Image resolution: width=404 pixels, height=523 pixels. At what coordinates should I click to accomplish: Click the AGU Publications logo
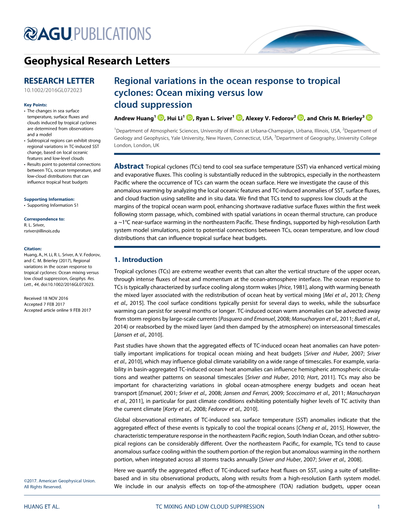click(x=87, y=34)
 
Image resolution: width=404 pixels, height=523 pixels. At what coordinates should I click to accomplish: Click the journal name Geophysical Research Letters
click(x=97, y=61)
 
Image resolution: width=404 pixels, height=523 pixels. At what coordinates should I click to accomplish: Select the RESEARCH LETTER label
click(x=59, y=81)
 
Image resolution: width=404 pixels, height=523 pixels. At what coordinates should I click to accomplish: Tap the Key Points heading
click(x=36, y=105)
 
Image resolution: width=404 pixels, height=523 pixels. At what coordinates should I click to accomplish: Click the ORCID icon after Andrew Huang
click(x=160, y=118)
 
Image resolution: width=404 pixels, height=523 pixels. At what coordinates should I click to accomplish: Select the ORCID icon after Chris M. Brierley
click(x=369, y=118)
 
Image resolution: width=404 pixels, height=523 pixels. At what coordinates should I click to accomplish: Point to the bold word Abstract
click(x=129, y=166)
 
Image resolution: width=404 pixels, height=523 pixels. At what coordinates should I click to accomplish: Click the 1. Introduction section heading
click(x=138, y=259)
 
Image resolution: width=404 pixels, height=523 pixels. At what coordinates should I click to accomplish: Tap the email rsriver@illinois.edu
click(x=42, y=231)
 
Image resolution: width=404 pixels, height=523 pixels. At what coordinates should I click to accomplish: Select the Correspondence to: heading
click(x=44, y=219)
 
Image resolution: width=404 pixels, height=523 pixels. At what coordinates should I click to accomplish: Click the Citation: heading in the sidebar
click(x=33, y=249)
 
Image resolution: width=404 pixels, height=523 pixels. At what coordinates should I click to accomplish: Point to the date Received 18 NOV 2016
click(x=46, y=298)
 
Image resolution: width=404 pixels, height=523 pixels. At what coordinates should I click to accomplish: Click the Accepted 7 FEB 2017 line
click(x=45, y=304)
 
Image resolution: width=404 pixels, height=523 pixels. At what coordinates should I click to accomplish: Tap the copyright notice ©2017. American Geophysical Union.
click(x=60, y=481)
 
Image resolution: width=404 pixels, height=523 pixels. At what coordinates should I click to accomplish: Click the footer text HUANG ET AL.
click(x=42, y=506)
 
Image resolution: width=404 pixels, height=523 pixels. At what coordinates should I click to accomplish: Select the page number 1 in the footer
click(x=378, y=506)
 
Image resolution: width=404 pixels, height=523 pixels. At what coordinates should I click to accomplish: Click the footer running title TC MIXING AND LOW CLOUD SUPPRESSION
click(x=210, y=506)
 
